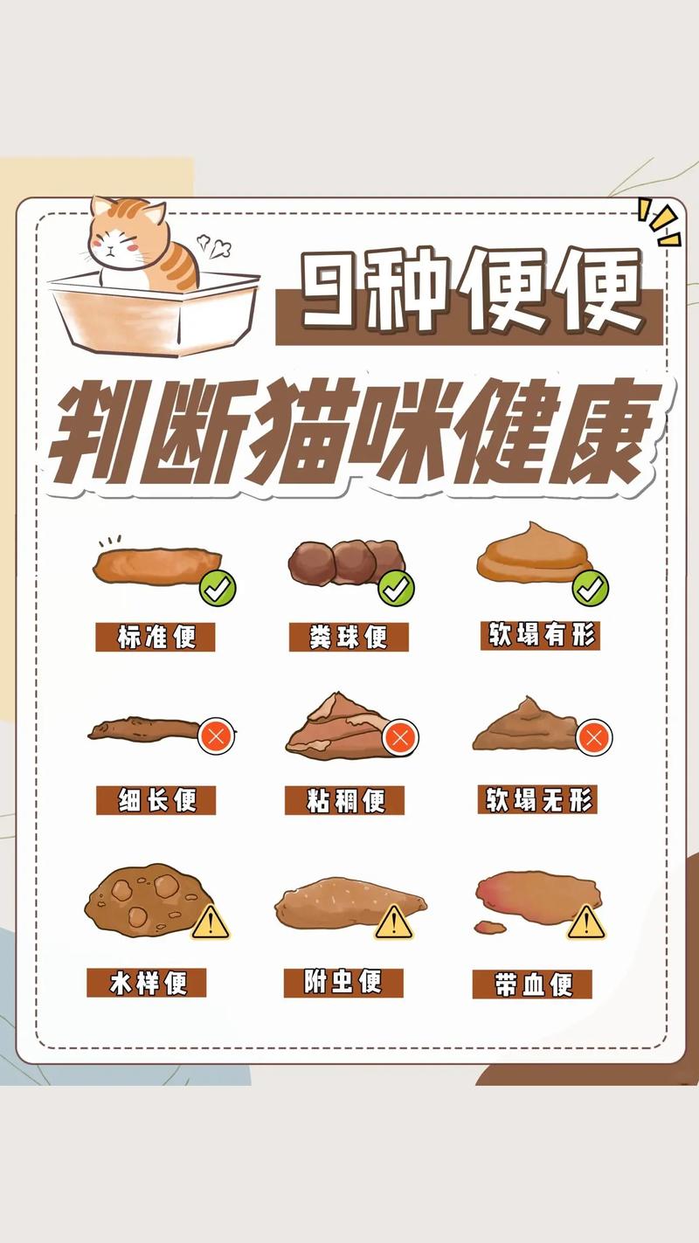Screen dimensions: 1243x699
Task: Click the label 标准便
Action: pos(156,637)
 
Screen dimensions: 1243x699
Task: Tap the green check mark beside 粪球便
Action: pos(396,589)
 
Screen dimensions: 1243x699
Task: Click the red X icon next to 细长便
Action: pos(216,736)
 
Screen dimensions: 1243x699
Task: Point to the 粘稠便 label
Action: pos(345,800)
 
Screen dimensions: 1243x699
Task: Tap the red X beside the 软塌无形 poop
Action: pos(594,737)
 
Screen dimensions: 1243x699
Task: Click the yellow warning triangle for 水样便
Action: pos(210,922)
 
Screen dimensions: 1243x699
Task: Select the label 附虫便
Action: pos(343,982)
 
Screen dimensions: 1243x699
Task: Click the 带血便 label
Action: pos(532,984)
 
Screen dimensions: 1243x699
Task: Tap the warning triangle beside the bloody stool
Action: pos(586,922)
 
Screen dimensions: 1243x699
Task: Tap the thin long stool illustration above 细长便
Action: pos(144,728)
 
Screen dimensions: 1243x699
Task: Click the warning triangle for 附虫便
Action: pos(393,922)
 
